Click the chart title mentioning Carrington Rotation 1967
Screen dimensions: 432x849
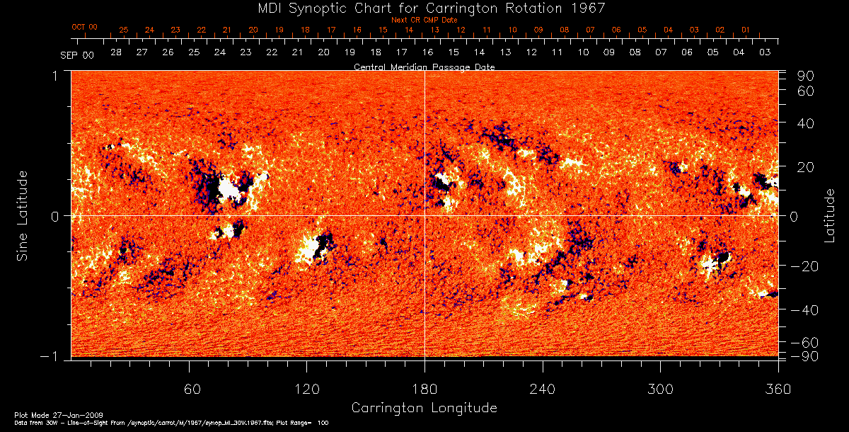[x=424, y=8]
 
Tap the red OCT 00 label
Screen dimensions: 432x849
[x=84, y=26]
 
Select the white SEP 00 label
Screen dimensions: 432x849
[x=77, y=54]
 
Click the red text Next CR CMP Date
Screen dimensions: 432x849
[x=424, y=20]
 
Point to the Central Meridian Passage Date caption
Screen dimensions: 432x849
[x=424, y=67]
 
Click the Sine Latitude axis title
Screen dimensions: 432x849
[x=23, y=215]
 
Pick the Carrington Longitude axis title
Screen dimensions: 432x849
[x=424, y=408]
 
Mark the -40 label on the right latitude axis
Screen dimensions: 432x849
[x=804, y=310]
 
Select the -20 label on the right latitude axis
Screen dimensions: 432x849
[x=804, y=266]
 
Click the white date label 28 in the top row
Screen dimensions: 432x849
[x=116, y=53]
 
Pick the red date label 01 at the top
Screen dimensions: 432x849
[x=746, y=30]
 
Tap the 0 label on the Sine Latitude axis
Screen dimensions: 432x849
[x=54, y=216]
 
